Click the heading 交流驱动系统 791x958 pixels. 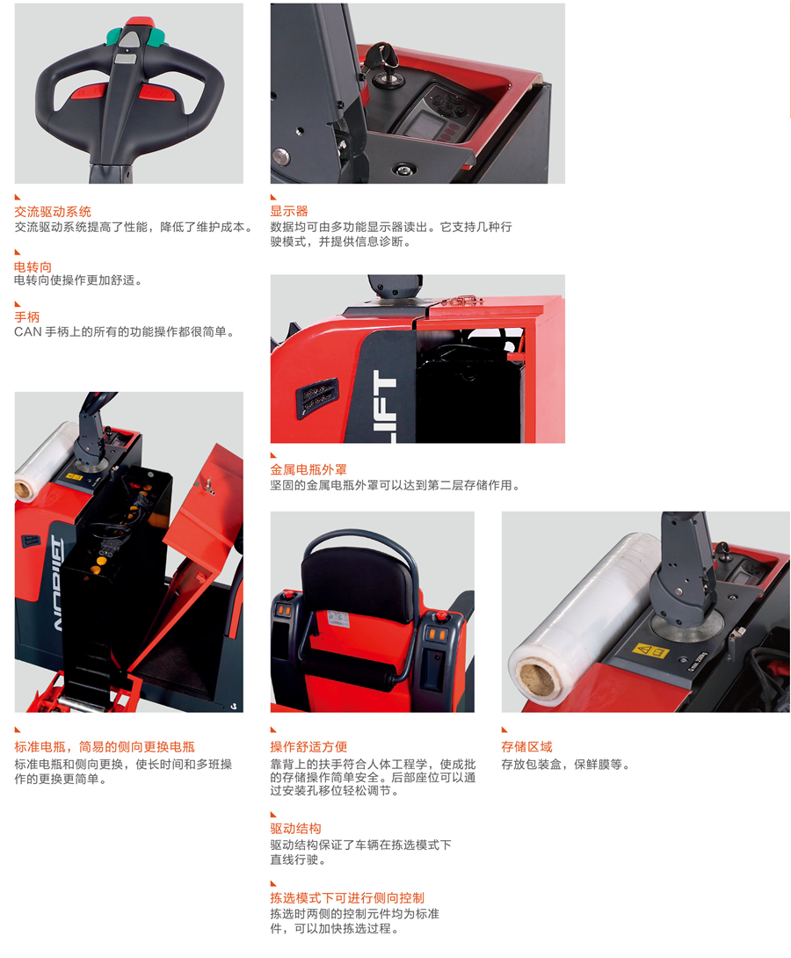(53, 212)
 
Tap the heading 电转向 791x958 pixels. (33, 266)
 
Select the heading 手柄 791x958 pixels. (27, 317)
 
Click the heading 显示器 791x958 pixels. (289, 212)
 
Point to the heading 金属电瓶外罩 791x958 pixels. (308, 469)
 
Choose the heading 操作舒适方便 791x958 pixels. (308, 746)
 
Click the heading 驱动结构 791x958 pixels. (295, 829)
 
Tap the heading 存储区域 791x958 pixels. (527, 746)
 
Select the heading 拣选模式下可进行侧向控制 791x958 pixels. (347, 897)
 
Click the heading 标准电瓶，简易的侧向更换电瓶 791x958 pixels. (105, 746)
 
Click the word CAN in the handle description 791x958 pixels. (27, 331)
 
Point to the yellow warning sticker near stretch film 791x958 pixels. (650, 650)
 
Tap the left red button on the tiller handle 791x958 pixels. (89, 93)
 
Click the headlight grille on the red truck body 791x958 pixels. (317, 396)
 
